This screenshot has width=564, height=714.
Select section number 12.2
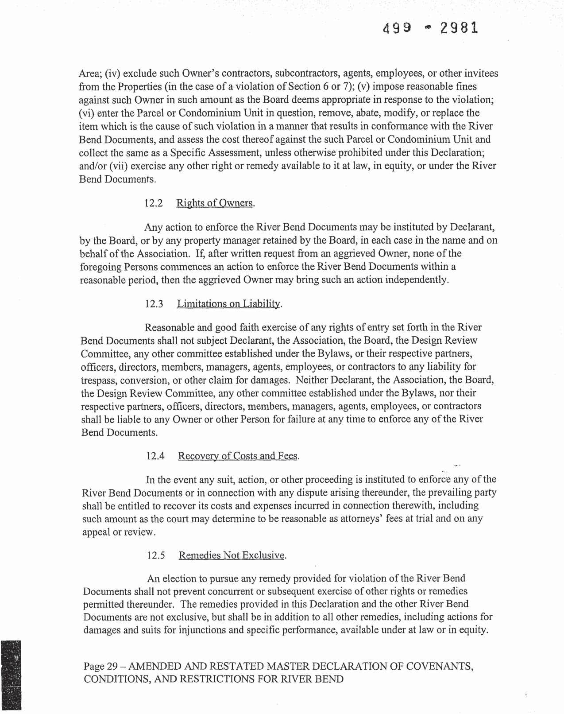pyautogui.click(x=154, y=203)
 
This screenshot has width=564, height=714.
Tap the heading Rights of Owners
pyautogui.click(x=215, y=203)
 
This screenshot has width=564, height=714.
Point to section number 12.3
pyautogui.click(x=154, y=304)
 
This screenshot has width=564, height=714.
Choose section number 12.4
pyautogui.click(x=155, y=456)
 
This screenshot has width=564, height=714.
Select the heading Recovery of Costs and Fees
pyautogui.click(x=238, y=456)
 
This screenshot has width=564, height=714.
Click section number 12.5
pyautogui.click(x=156, y=555)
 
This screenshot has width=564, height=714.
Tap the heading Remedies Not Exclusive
pyautogui.click(x=232, y=555)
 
